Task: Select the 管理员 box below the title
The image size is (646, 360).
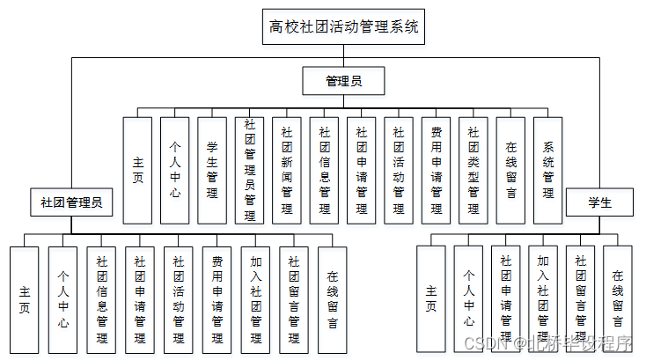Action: (343, 82)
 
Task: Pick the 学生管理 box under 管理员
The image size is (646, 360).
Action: (212, 170)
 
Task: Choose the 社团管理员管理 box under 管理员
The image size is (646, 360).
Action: (249, 170)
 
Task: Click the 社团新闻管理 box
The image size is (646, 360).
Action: (286, 170)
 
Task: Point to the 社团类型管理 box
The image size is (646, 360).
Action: (473, 170)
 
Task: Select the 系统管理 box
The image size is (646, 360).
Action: (547, 170)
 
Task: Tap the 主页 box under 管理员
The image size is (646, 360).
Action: (137, 170)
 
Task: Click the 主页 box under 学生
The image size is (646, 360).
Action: (431, 299)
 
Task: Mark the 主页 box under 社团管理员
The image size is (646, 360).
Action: (25, 299)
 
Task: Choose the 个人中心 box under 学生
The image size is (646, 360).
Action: (468, 299)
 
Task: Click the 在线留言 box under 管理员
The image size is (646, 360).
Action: (510, 170)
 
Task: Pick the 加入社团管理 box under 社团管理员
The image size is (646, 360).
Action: (254, 299)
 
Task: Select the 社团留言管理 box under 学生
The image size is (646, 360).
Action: (580, 299)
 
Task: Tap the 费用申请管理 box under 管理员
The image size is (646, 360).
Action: (436, 170)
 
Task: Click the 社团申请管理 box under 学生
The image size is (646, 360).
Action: (505, 299)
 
